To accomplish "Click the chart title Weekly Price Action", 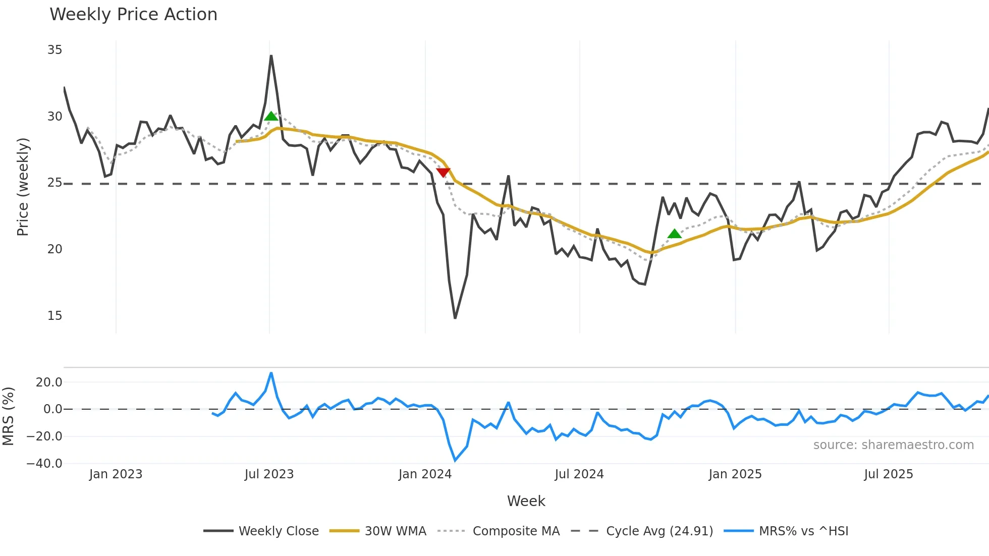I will click(133, 15).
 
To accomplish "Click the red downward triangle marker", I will click(443, 173).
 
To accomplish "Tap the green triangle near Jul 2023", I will click(271, 117).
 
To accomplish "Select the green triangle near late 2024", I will click(674, 234).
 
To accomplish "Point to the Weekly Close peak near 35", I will click(271, 56).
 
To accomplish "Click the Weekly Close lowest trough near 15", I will click(455, 318).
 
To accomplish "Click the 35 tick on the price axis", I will click(54, 50).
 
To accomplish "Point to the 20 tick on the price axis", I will click(54, 249).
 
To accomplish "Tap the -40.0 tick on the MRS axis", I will click(44, 463).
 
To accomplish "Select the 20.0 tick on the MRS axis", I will click(49, 382).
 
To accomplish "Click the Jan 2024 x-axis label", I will click(425, 474).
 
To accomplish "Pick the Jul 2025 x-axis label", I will click(888, 474).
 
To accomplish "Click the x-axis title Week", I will click(526, 501).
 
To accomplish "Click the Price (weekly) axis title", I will click(23, 187).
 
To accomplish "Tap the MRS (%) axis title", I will click(8, 416).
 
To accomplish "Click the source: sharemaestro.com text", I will click(893, 445).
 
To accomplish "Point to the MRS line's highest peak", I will click(271, 373).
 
